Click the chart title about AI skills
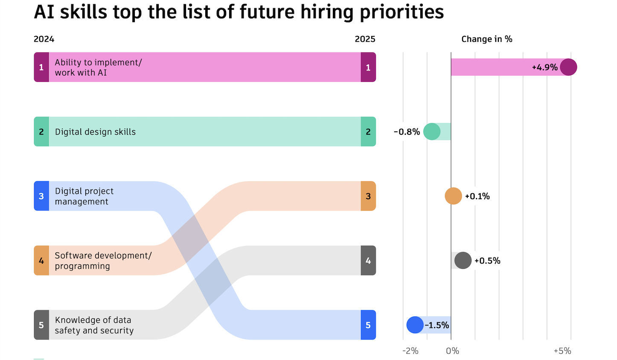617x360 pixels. [x=239, y=12]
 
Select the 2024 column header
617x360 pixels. [x=44, y=39]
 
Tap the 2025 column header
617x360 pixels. [x=365, y=39]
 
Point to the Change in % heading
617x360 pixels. [x=486, y=39]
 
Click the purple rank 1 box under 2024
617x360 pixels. [x=41, y=67]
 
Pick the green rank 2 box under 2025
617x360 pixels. [x=368, y=132]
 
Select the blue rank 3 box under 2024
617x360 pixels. [x=41, y=196]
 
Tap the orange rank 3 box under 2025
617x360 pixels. [x=368, y=196]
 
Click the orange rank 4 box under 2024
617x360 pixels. [x=41, y=261]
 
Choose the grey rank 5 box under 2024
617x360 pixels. [x=41, y=325]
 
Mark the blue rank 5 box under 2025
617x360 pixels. [x=368, y=325]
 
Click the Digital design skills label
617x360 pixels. [x=95, y=132]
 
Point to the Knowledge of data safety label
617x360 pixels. [x=94, y=325]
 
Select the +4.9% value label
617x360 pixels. [x=544, y=67]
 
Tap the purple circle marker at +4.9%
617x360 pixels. [x=568, y=67]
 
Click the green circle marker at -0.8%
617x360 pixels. [x=432, y=132]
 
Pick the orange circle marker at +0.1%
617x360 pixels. [x=453, y=196]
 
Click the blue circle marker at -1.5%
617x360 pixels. [x=415, y=325]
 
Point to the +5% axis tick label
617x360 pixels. [x=562, y=351]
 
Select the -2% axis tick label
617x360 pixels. [x=410, y=351]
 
